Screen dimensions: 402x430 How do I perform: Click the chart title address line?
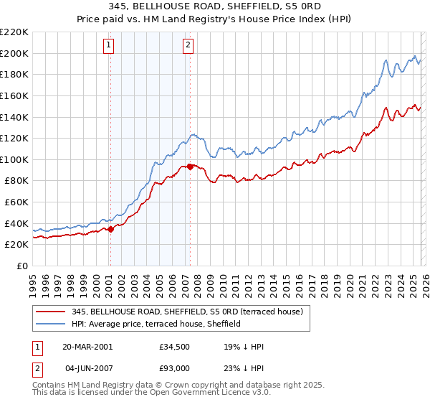coord(215,6)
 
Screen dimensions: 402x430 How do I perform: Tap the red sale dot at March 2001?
coord(111,230)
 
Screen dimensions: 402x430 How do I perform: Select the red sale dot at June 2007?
coord(190,167)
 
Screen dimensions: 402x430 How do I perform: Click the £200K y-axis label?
coord(15,53)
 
